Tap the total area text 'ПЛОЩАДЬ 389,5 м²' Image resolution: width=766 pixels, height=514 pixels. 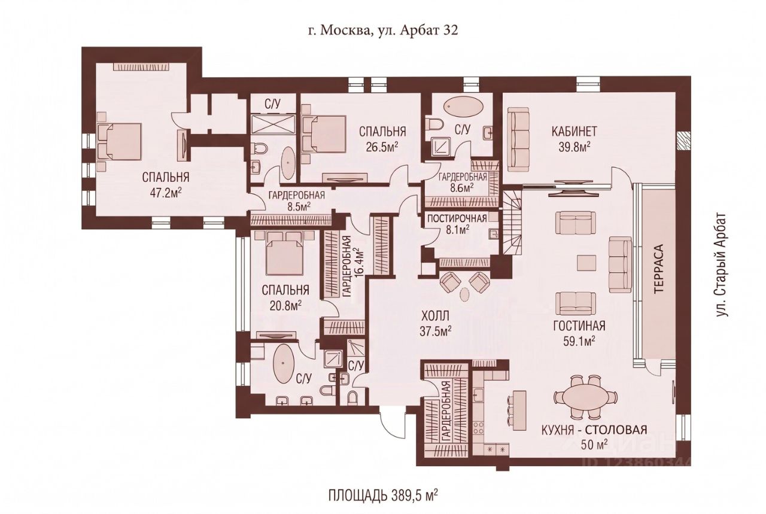tap(384, 495)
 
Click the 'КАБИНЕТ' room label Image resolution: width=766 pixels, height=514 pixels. tap(574, 131)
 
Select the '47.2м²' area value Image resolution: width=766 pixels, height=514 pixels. tap(166, 193)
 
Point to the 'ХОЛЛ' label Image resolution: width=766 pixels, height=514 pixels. tap(434, 316)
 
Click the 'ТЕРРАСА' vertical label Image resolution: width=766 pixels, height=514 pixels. tap(658, 273)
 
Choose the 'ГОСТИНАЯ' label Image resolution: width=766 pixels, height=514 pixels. tap(579, 326)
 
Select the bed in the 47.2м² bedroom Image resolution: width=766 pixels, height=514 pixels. tap(119, 142)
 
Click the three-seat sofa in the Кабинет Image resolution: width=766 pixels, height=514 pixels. tap(518, 139)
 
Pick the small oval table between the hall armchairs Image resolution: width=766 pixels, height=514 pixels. tap(465, 294)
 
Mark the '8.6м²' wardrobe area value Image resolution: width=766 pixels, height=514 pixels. tap(463, 187)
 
